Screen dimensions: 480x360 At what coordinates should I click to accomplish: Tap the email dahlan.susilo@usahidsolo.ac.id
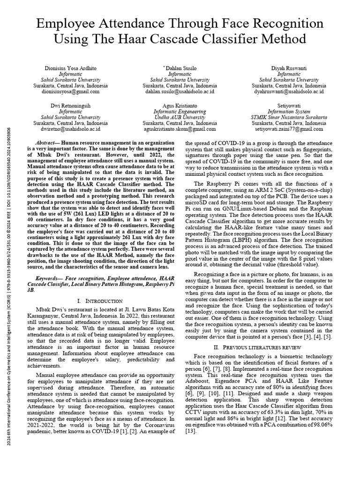(180, 92)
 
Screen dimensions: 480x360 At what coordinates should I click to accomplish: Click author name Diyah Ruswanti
(289, 68)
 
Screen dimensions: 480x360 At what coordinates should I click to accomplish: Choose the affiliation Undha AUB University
(180, 117)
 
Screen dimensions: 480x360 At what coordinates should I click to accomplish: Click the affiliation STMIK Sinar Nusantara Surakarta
(289, 117)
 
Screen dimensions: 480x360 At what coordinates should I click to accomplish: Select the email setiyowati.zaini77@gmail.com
(289, 128)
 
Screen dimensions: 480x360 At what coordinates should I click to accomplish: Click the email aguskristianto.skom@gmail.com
(180, 128)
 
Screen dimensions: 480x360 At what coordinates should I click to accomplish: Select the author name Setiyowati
(289, 105)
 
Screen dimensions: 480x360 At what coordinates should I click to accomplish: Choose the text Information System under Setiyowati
(289, 111)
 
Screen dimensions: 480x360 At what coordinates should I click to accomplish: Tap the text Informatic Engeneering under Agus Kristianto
(180, 111)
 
